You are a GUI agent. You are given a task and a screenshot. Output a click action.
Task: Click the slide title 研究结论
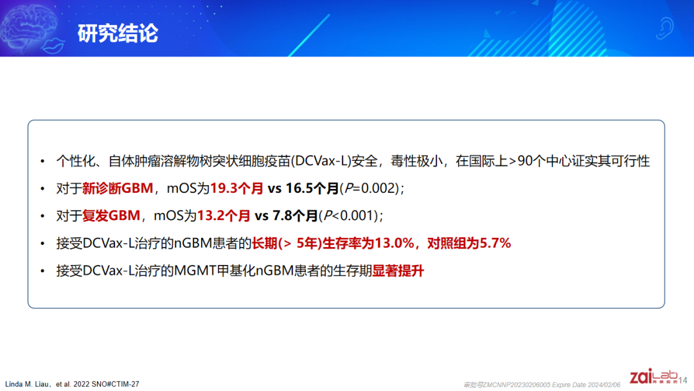118,33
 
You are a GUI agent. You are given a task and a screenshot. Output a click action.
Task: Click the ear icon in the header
664,28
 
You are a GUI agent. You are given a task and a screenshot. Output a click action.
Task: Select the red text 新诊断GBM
118,188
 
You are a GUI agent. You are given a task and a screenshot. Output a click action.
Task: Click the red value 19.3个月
236,188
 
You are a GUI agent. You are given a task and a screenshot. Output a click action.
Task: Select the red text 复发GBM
111,215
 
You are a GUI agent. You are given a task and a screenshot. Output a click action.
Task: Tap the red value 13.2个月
224,215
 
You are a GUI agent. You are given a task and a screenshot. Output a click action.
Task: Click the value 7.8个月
295,215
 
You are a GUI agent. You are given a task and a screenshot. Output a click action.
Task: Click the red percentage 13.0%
394,243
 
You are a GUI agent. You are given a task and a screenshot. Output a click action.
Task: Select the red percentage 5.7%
495,243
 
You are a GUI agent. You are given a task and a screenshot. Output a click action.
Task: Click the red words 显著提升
398,271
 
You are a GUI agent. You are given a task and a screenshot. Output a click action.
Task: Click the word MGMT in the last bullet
195,271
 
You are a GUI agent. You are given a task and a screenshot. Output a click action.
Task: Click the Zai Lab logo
653,376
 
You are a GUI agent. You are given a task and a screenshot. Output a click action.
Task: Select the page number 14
682,380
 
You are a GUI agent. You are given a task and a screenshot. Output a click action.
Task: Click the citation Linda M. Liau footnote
72,384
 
